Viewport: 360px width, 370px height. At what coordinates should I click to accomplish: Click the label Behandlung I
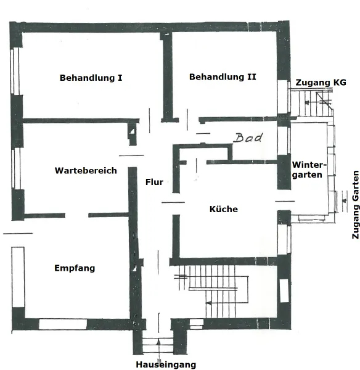pyautogui.click(x=91, y=78)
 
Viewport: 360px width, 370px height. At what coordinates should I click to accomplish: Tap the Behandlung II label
pyautogui.click(x=223, y=78)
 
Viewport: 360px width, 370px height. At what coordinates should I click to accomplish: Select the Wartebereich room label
pyautogui.click(x=85, y=171)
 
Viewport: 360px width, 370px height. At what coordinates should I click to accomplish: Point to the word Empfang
pyautogui.click(x=75, y=268)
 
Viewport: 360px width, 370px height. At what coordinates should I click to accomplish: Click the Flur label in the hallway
pyautogui.click(x=154, y=182)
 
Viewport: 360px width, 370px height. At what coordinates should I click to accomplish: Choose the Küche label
pyautogui.click(x=223, y=209)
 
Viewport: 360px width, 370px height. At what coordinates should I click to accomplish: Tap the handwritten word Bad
pyautogui.click(x=248, y=138)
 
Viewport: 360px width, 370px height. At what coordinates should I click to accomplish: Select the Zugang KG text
pyautogui.click(x=321, y=82)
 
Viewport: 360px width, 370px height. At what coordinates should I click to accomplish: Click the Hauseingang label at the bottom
pyautogui.click(x=166, y=364)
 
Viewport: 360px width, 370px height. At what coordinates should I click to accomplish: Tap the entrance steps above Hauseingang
pyautogui.click(x=158, y=345)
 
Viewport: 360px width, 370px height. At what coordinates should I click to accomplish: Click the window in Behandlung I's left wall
pyautogui.click(x=17, y=70)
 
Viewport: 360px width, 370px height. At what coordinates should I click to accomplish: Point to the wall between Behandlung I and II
pyautogui.click(x=166, y=77)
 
